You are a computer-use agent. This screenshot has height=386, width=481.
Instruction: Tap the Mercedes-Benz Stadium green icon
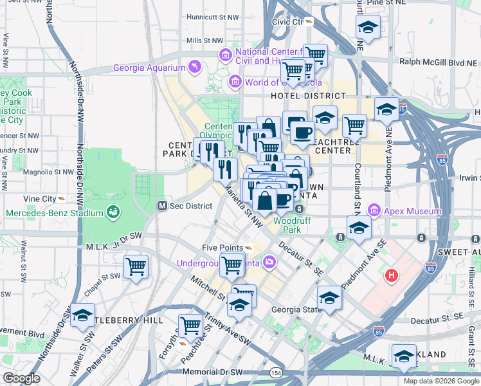(x=114, y=211)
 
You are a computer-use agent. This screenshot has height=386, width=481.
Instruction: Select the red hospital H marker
(x=390, y=276)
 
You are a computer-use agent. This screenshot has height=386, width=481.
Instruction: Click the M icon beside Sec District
(x=163, y=206)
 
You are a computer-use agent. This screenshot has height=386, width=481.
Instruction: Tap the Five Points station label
(x=222, y=248)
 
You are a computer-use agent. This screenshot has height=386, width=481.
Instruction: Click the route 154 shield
(x=276, y=373)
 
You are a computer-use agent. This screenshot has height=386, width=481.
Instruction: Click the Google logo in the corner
(x=21, y=378)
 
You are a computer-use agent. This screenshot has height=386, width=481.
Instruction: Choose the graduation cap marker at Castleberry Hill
(x=82, y=315)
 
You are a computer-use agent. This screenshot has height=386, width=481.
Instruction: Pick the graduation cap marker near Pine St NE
(x=368, y=27)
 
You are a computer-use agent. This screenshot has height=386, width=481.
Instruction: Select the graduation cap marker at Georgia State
(x=329, y=297)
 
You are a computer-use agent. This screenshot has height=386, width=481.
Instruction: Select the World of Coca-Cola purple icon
(x=235, y=82)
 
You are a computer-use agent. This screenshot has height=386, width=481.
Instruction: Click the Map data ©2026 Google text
(x=441, y=381)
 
